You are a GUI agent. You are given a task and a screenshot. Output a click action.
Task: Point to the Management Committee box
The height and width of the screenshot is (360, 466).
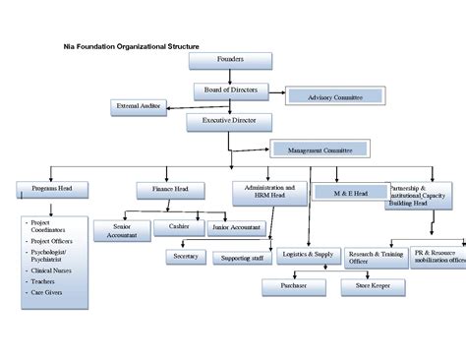320,150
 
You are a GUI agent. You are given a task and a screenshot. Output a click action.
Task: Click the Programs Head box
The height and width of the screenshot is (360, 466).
51,188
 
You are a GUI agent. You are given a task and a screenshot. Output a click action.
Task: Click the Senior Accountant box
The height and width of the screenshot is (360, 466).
118,229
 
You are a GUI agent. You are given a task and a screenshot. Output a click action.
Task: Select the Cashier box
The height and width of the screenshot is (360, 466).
179,226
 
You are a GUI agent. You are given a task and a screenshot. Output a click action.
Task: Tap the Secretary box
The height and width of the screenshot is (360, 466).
186,257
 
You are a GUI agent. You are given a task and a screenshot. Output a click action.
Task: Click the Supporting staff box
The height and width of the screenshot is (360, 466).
241,258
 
